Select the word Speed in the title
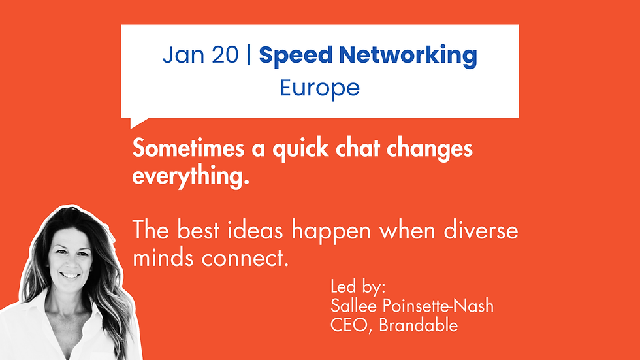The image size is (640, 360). (x=291, y=56)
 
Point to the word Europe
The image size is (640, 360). (x=320, y=88)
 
